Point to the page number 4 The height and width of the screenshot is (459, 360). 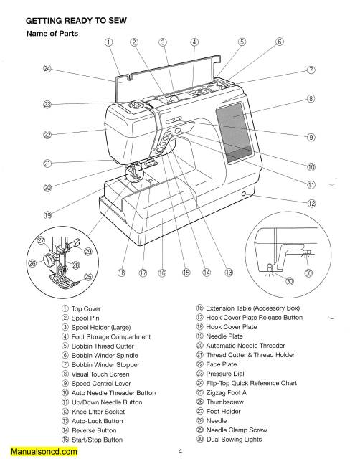point(179,452)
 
